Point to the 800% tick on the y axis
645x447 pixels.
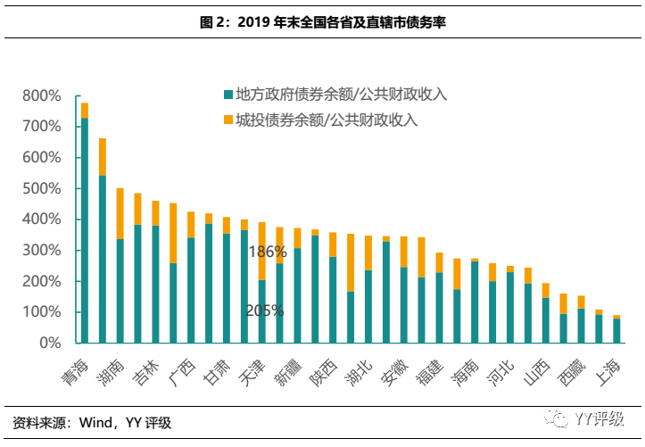click(x=41, y=95)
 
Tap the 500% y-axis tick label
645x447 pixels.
click(x=41, y=188)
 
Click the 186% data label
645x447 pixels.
click(x=268, y=252)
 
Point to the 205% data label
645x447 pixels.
click(x=266, y=311)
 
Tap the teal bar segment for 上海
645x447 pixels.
click(x=616, y=330)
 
